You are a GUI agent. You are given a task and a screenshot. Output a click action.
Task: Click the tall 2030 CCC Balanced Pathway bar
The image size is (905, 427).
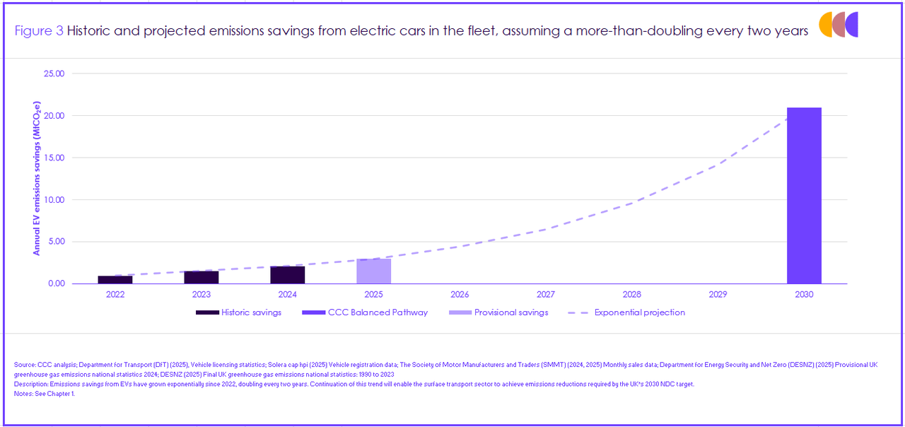coord(804,196)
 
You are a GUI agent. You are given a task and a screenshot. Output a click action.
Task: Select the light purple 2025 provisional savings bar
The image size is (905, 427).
coord(373,271)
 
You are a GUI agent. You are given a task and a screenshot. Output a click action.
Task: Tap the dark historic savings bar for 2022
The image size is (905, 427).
coord(115,280)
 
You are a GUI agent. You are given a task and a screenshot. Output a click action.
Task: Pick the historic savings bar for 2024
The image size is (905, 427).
coord(287,275)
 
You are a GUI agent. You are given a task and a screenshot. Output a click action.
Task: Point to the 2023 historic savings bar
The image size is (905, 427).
coord(202,277)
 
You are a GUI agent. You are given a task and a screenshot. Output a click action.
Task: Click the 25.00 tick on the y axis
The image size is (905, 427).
coord(54,74)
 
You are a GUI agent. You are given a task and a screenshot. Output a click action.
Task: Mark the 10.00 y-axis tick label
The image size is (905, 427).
coord(54,199)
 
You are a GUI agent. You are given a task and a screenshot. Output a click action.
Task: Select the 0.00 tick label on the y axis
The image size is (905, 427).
coord(56,283)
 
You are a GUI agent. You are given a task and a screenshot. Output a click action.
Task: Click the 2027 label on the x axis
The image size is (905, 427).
coord(546,294)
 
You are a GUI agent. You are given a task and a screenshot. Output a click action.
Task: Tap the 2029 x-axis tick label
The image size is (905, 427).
coord(718,294)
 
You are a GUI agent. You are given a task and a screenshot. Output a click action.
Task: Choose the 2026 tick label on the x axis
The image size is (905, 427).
coord(460,294)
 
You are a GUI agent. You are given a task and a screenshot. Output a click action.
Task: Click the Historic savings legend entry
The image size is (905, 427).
coord(238,312)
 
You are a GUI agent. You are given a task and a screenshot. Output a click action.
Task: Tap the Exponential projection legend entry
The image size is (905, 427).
coord(626,312)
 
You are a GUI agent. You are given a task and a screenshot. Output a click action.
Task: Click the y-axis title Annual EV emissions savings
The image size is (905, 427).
coord(37,177)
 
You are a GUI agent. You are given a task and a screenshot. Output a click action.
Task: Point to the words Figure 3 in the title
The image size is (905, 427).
coord(39,31)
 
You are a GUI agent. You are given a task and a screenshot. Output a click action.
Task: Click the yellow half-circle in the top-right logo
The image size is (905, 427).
coord(825,24)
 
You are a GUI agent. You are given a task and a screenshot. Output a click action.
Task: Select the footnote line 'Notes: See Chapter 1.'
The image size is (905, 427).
coord(44,394)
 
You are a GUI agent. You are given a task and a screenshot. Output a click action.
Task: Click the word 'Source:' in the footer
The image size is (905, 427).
coord(25,365)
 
